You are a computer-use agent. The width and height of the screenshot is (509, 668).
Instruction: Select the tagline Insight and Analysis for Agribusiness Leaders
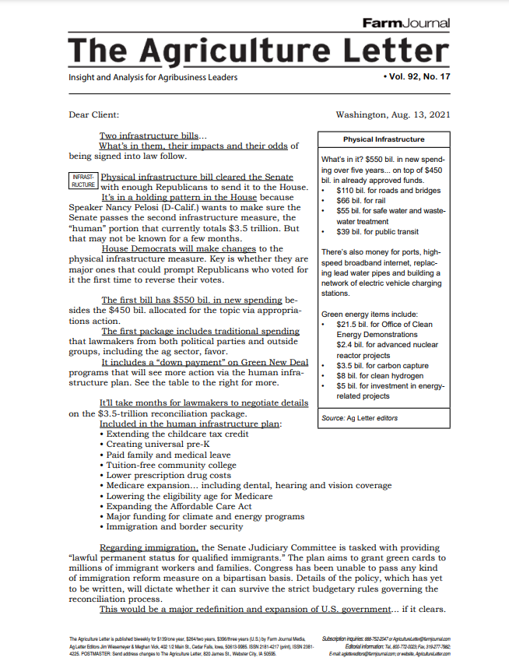153,78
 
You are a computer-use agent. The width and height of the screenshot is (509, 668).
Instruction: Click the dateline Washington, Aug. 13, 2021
392,115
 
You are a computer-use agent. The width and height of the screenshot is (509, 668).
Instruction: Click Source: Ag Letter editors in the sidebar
360,418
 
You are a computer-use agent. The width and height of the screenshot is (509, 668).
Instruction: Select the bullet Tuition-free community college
171,466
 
